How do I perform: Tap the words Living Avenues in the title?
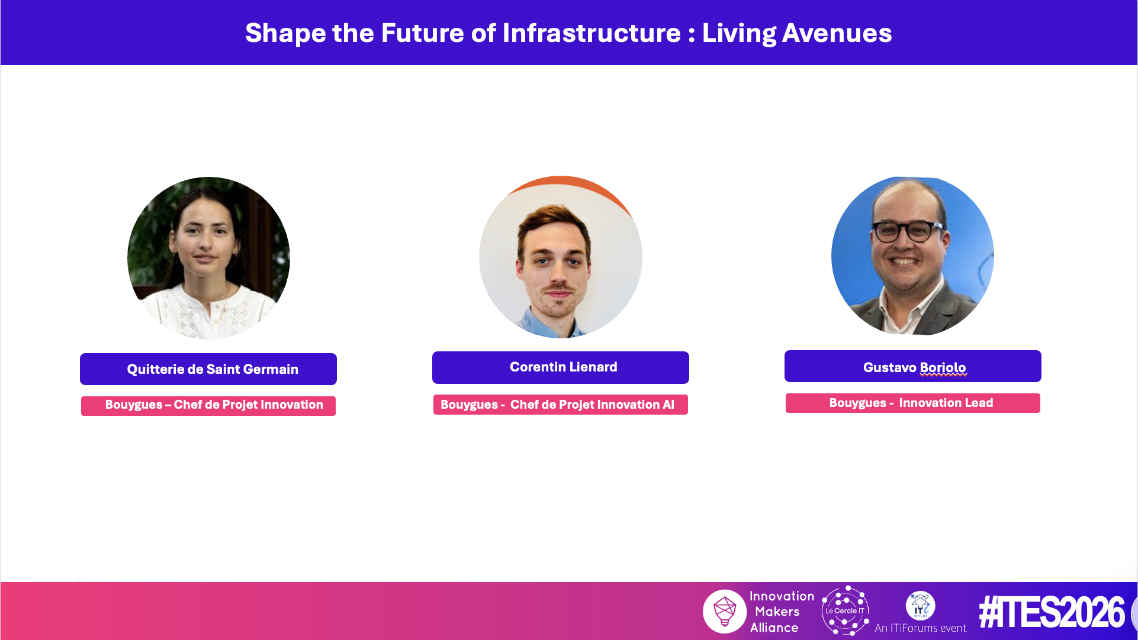click(x=797, y=33)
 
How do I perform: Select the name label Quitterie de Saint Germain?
click(x=208, y=369)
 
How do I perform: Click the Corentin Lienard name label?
click(x=561, y=367)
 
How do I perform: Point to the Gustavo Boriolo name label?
click(x=913, y=366)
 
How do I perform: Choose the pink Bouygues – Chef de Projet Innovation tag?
click(x=208, y=406)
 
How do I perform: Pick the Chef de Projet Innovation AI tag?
click(x=561, y=405)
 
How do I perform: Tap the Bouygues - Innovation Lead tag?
click(x=913, y=403)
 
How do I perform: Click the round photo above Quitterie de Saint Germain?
click(x=208, y=258)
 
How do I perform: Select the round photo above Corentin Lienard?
click(x=561, y=258)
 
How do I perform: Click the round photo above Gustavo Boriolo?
click(x=912, y=256)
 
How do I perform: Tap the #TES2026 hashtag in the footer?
click(x=1052, y=612)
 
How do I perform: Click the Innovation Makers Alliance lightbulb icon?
click(x=725, y=611)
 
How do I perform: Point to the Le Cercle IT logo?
click(x=846, y=610)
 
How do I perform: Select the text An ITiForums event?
click(x=920, y=628)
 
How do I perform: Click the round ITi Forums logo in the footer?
click(x=920, y=605)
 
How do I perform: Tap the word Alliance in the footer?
click(x=774, y=628)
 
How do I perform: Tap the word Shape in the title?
click(x=285, y=34)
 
